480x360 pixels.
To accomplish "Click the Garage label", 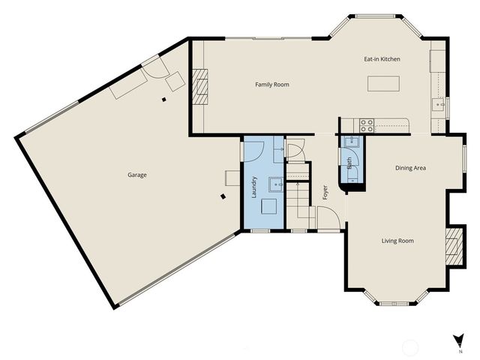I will pyautogui.click(x=136, y=175).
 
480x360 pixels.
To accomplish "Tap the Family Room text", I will pyautogui.click(x=271, y=85).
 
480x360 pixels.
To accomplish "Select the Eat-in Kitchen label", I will pyautogui.click(x=382, y=58).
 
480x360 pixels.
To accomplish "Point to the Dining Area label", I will pyautogui.click(x=410, y=168).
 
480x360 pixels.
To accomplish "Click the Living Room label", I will pyautogui.click(x=397, y=241).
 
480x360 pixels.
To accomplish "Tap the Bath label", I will pyautogui.click(x=349, y=160).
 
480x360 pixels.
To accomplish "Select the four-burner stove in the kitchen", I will pyautogui.click(x=367, y=124).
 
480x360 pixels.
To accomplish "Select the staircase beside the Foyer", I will pyautogui.click(x=300, y=199).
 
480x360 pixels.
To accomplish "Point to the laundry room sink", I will pyautogui.click(x=275, y=183).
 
